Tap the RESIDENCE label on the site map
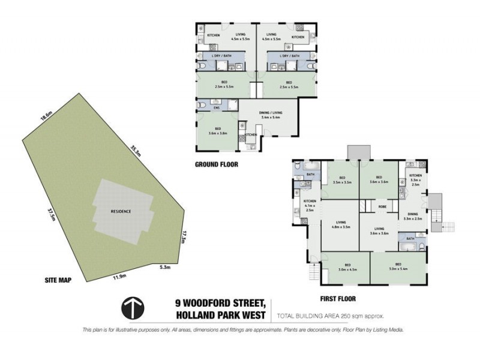(x=121, y=212)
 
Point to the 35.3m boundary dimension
(x=136, y=151)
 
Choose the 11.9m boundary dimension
(x=119, y=277)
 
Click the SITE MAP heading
(x=58, y=280)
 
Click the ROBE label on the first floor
(x=382, y=208)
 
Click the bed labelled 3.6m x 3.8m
(x=217, y=131)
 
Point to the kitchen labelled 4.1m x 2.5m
(x=310, y=205)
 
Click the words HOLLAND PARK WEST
(x=226, y=315)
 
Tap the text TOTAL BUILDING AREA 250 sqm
(x=329, y=316)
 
